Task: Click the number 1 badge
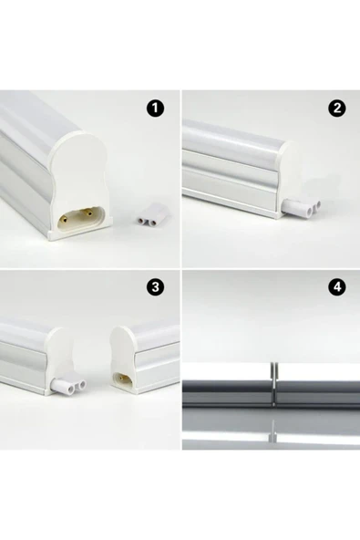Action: click(156, 109)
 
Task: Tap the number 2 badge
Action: click(337, 109)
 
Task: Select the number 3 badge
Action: click(156, 288)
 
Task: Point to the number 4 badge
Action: click(337, 288)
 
